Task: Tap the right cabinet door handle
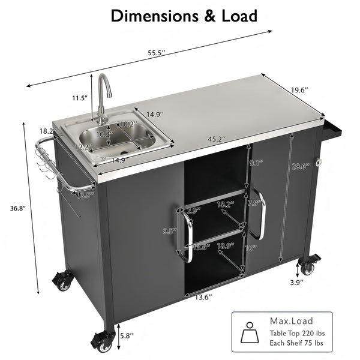click(260, 213)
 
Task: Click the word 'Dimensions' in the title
click(148, 15)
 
